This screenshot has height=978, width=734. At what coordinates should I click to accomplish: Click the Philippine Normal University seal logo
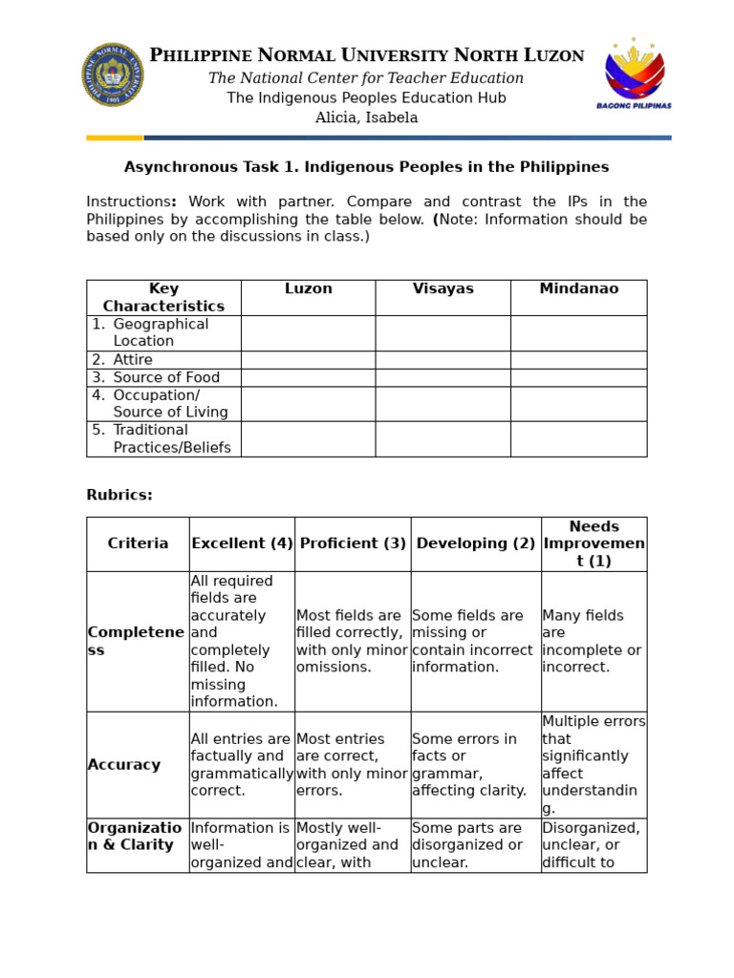[114, 74]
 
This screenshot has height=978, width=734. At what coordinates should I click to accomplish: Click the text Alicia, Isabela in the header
[366, 117]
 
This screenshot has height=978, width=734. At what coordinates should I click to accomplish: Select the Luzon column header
[308, 288]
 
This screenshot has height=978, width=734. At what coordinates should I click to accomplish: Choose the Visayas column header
[443, 288]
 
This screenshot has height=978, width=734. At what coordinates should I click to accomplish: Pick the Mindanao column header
[578, 288]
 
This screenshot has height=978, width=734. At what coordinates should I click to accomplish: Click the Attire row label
[134, 360]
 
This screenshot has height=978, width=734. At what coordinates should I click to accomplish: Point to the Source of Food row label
[166, 377]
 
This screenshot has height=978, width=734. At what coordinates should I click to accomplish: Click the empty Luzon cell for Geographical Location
[308, 333]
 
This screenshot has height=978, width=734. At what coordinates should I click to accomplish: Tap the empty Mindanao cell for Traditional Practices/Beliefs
[578, 438]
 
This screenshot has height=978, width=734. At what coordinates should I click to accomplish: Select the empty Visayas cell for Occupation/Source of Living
[443, 404]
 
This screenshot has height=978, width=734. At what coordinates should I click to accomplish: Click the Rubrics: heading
[119, 495]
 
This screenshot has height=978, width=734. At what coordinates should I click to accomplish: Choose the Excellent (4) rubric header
[242, 543]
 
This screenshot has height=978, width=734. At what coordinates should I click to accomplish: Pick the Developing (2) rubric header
[476, 543]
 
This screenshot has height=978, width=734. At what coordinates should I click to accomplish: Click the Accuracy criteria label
[124, 765]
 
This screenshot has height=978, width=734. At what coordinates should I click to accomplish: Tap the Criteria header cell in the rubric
[138, 543]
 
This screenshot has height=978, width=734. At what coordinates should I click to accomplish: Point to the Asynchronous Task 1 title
[366, 167]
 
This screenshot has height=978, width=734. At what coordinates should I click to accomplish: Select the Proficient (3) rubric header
[353, 543]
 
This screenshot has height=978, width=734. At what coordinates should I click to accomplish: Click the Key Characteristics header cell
[163, 297]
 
